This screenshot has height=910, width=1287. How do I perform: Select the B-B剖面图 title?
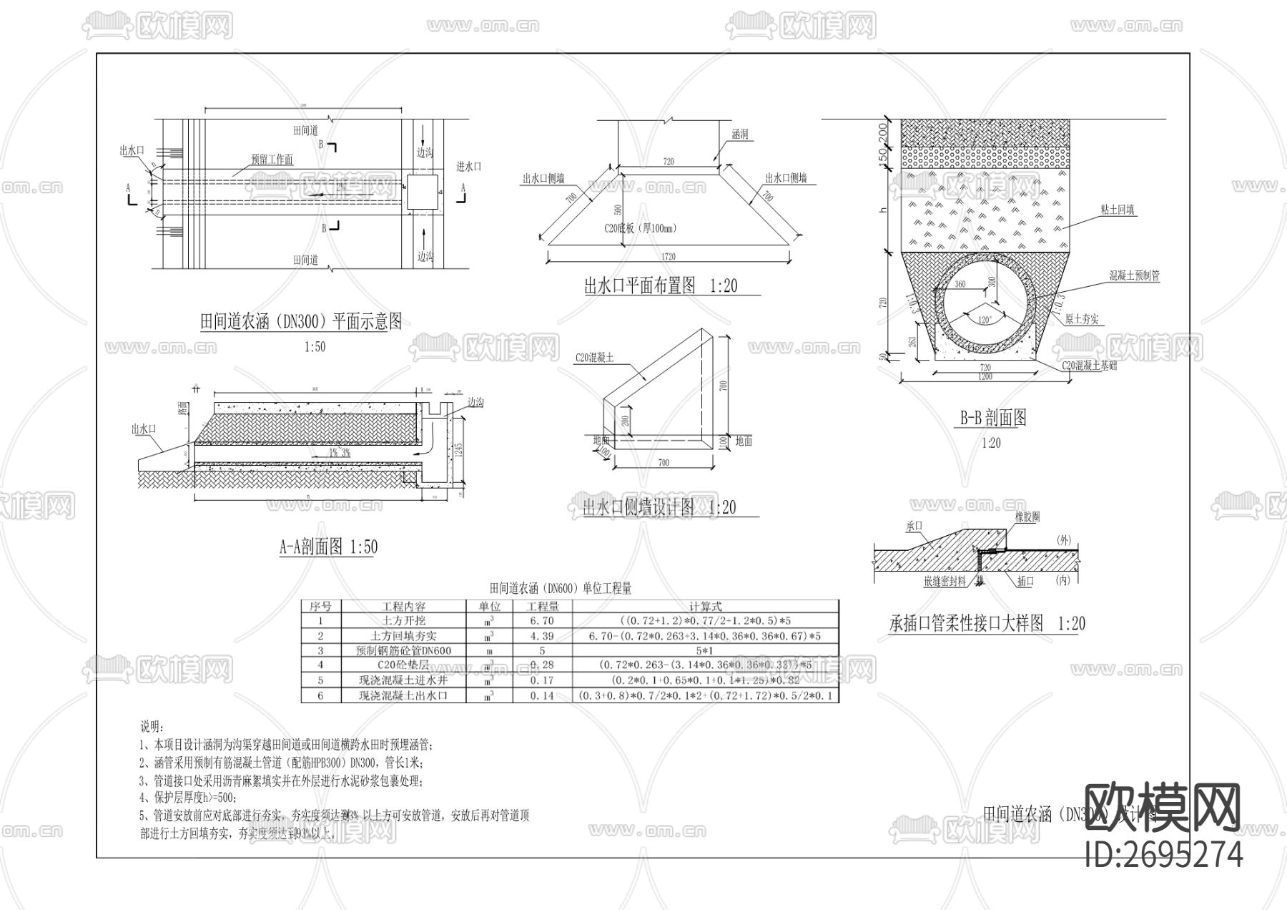coord(993,418)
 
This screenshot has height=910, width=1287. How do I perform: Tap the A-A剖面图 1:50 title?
coord(327,548)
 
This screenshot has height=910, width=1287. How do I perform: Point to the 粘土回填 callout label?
coord(1118,210)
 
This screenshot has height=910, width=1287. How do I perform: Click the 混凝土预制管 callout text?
coord(1134,275)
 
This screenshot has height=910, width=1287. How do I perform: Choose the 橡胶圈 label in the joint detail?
coord(1027,517)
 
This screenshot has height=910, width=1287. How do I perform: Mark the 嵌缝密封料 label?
coord(945,582)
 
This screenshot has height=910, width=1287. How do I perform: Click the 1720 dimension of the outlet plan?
coord(668,256)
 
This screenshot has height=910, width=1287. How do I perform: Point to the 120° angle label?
coord(985,320)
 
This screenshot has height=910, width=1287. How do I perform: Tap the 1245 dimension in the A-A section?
coord(458,449)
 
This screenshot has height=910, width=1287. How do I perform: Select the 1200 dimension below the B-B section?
coord(985,376)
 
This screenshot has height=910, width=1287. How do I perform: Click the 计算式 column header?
coord(705,606)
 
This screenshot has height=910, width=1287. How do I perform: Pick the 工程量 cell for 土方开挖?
coord(542,621)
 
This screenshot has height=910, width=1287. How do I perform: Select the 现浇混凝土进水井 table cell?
coord(403,680)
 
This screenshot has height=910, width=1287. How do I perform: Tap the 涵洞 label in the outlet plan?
coord(739,134)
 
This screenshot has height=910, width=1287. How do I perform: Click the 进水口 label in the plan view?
coord(469,166)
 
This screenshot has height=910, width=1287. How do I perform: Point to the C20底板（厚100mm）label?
coord(640,229)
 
